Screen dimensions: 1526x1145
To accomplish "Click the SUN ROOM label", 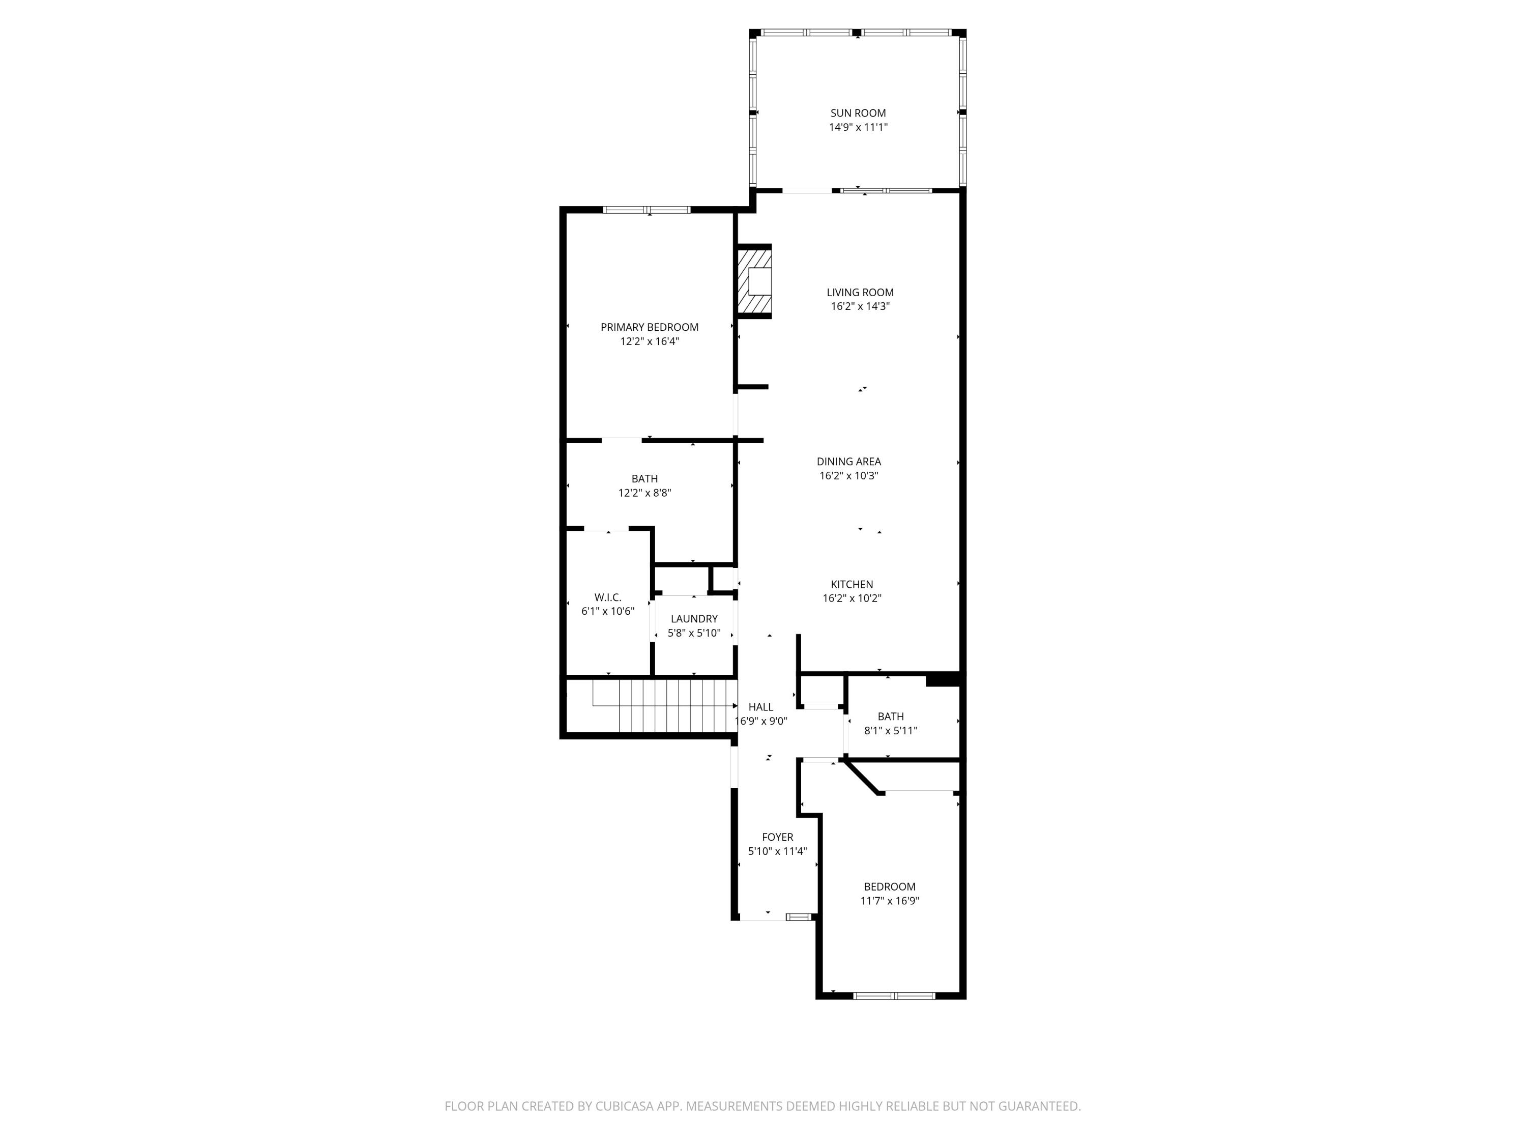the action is pos(858,113).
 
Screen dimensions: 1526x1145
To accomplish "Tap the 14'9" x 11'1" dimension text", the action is pos(858,128).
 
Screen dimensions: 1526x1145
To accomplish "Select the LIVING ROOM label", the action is pos(860,293).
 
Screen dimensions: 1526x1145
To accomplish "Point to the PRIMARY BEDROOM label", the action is pos(649,327).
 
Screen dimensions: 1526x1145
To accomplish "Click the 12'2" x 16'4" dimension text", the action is pos(649,341).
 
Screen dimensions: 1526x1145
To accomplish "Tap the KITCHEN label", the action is pos(852,585).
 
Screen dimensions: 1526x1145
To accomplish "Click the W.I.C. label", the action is pos(608,598).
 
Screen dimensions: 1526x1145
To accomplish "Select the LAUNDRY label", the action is pos(694,619).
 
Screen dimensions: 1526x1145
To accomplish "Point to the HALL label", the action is pos(761,707).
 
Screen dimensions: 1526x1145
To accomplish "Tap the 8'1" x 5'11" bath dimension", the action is pos(891,731).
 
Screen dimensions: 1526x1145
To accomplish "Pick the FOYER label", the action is pos(777,838).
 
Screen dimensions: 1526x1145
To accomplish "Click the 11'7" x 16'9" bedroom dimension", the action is pos(890,901).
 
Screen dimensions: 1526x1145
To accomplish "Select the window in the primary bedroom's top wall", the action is pos(647,210).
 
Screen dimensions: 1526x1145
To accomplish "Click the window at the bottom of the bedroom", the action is pos(894,996).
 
